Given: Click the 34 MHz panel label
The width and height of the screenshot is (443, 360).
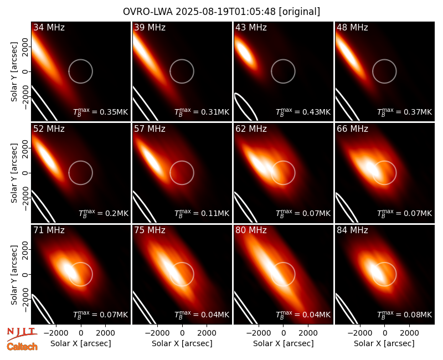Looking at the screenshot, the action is tap(49, 27).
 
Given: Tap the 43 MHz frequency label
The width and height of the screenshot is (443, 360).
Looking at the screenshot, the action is tap(251, 27).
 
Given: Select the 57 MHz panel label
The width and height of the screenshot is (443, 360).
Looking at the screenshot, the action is tap(150, 129).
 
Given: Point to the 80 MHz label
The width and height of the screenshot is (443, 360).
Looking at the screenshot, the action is tap(251, 230).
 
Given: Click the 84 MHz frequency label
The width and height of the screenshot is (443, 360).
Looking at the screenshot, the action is tap(352, 230).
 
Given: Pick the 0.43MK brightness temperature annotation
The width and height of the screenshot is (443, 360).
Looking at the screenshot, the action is tap(303, 112).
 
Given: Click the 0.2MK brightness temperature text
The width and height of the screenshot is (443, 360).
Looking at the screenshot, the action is tap(104, 213).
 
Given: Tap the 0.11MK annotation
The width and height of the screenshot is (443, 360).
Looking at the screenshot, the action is tap(202, 213).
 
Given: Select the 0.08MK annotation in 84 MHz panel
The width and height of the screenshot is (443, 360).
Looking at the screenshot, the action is tap(405, 315).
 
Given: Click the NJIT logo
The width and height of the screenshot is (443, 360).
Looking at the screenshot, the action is tap(22, 334).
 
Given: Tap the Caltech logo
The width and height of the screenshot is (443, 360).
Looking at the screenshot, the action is tap(22, 347).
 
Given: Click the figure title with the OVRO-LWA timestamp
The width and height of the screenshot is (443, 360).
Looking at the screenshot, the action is tap(221, 12).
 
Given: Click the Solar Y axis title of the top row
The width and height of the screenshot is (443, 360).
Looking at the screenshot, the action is tap(14, 72).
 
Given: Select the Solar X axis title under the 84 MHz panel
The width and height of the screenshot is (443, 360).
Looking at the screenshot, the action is tap(384, 343).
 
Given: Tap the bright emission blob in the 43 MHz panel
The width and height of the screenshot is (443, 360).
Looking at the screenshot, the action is tap(245, 52).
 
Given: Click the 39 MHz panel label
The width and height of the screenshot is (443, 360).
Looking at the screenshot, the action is tap(150, 27).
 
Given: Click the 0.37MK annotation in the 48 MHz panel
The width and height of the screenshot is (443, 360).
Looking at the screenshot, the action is tap(405, 112).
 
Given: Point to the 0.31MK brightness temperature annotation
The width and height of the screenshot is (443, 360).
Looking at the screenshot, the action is tap(202, 112).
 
